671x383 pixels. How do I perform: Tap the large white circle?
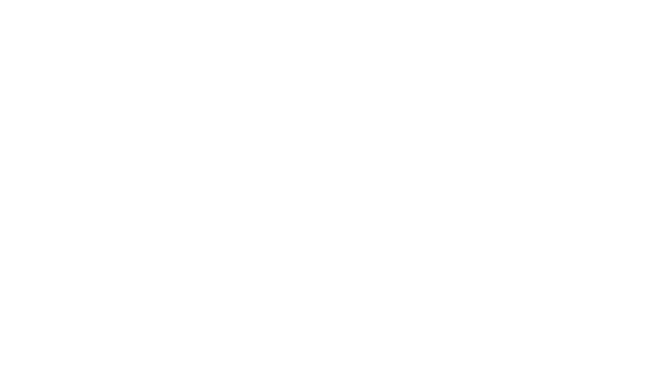(244, 185)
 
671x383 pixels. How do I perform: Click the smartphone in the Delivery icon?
(443, 225)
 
